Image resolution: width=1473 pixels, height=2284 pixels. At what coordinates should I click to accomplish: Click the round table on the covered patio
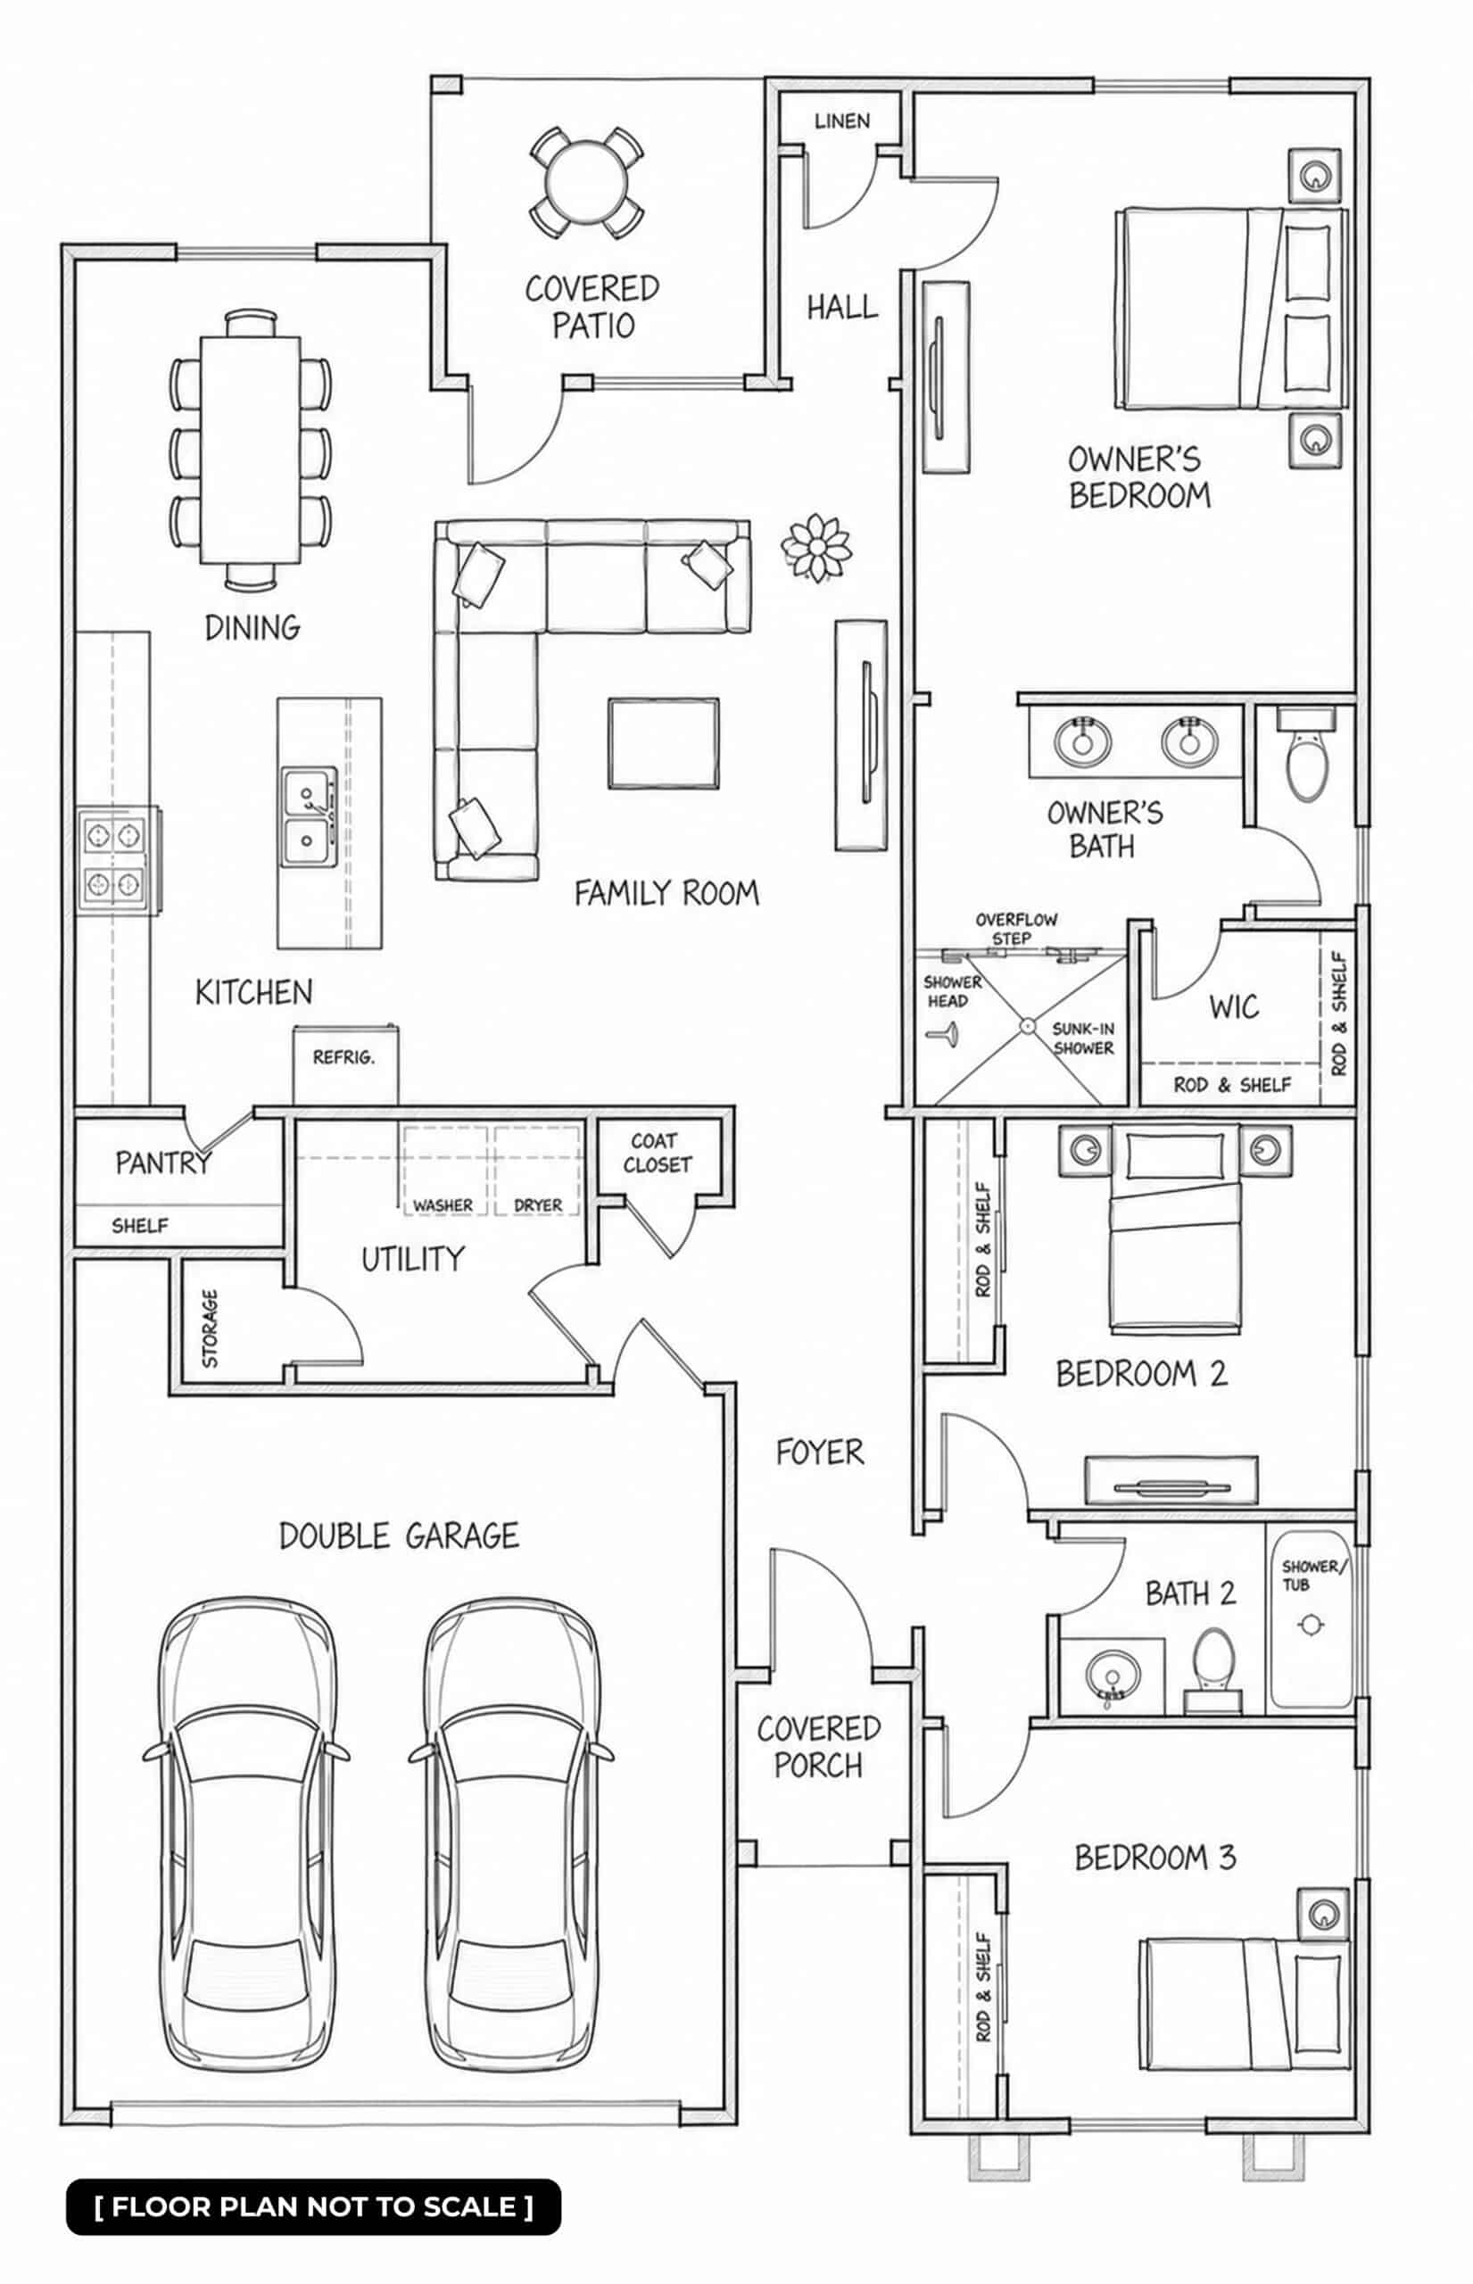point(586,182)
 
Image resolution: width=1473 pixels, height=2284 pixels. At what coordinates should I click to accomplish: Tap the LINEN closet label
point(841,121)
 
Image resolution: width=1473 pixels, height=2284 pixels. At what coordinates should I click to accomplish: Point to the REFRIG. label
point(343,1057)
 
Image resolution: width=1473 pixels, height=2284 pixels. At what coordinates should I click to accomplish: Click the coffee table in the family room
point(663,743)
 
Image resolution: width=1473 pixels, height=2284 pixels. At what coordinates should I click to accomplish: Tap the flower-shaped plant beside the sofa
point(815,547)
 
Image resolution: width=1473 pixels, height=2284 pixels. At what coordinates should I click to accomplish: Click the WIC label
point(1233,1006)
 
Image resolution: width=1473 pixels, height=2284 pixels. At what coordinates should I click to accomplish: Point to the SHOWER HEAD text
point(952,992)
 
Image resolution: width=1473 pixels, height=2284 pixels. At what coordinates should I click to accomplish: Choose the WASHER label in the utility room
point(443,1205)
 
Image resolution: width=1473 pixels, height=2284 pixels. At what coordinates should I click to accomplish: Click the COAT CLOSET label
point(658,1153)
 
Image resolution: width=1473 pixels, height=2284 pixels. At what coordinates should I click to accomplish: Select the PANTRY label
point(162,1163)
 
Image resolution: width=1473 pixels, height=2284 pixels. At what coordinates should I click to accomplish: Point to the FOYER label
point(820,1452)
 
